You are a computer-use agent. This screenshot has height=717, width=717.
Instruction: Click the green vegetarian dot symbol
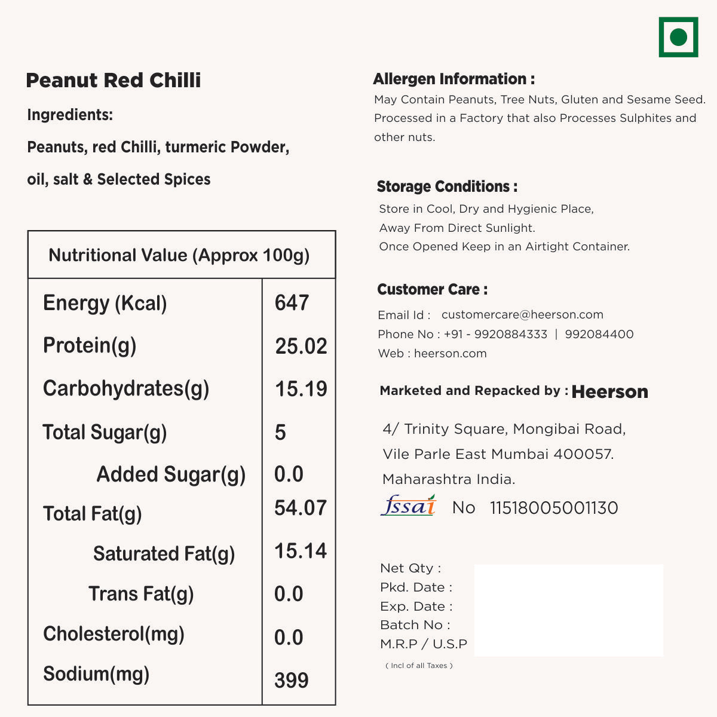(x=678, y=37)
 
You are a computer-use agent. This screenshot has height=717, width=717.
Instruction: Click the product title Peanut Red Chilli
(x=114, y=80)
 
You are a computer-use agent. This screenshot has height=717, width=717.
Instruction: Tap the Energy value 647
(x=292, y=303)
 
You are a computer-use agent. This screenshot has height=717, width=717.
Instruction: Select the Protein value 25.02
(x=301, y=346)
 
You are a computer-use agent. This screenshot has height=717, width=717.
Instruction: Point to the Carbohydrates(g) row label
(x=126, y=388)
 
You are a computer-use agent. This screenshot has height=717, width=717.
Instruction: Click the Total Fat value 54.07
(x=301, y=508)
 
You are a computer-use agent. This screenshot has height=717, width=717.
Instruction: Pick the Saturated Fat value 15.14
(x=301, y=551)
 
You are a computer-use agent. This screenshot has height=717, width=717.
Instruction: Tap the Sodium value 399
(x=292, y=680)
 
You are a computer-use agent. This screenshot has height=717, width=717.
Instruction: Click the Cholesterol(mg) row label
(x=114, y=634)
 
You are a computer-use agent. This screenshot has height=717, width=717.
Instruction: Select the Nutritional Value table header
(x=179, y=255)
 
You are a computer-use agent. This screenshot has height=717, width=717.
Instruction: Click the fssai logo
(x=409, y=505)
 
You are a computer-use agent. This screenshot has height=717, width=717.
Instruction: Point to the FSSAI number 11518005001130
(x=554, y=508)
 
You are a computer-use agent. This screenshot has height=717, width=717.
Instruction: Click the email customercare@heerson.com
(x=522, y=315)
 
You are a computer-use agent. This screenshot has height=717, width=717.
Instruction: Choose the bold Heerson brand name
(x=609, y=392)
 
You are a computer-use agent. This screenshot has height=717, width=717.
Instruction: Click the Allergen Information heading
(x=454, y=79)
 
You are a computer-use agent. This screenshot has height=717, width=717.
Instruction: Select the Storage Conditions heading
(x=447, y=186)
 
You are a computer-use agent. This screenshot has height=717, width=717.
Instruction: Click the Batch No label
(x=415, y=625)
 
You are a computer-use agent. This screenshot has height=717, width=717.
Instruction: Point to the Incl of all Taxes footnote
(x=419, y=666)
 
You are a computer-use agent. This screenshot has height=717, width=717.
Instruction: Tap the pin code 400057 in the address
(x=583, y=454)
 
